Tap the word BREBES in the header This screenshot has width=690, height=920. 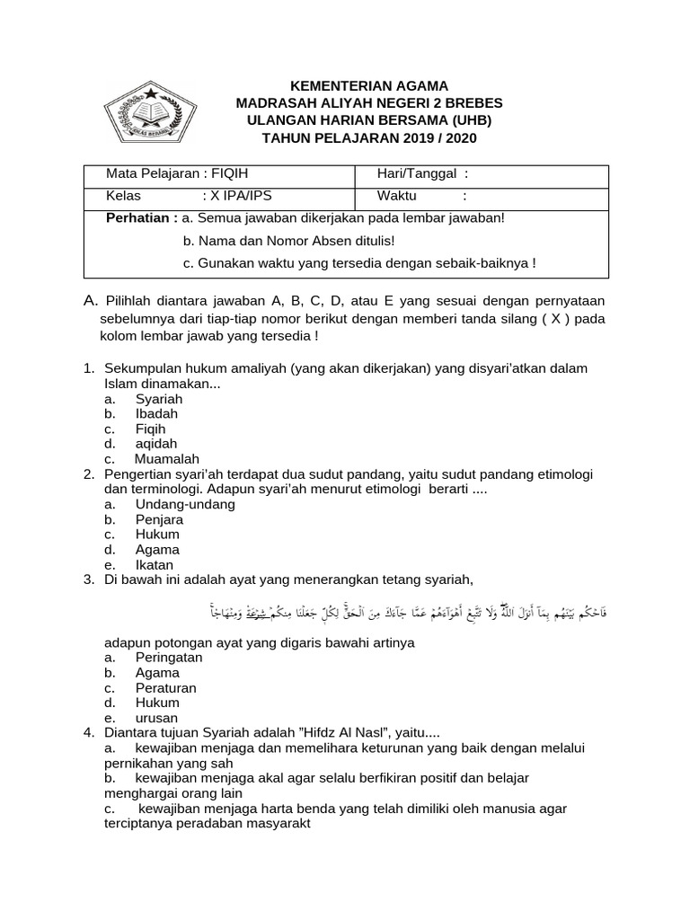click(x=470, y=103)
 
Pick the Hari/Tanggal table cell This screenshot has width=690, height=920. click(x=422, y=174)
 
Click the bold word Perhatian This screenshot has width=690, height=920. click(x=141, y=218)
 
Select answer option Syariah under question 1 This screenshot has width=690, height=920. click(x=159, y=399)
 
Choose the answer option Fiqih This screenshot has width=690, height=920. click(x=151, y=429)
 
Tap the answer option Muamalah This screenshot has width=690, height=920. click(x=167, y=459)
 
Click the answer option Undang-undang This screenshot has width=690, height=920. click(x=185, y=504)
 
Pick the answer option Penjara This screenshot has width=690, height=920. click(x=159, y=519)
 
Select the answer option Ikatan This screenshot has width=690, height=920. click(x=155, y=565)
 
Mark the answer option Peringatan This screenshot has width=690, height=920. click(x=169, y=658)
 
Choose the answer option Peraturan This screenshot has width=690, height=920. click(x=166, y=688)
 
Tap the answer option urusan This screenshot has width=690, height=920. click(x=156, y=718)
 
